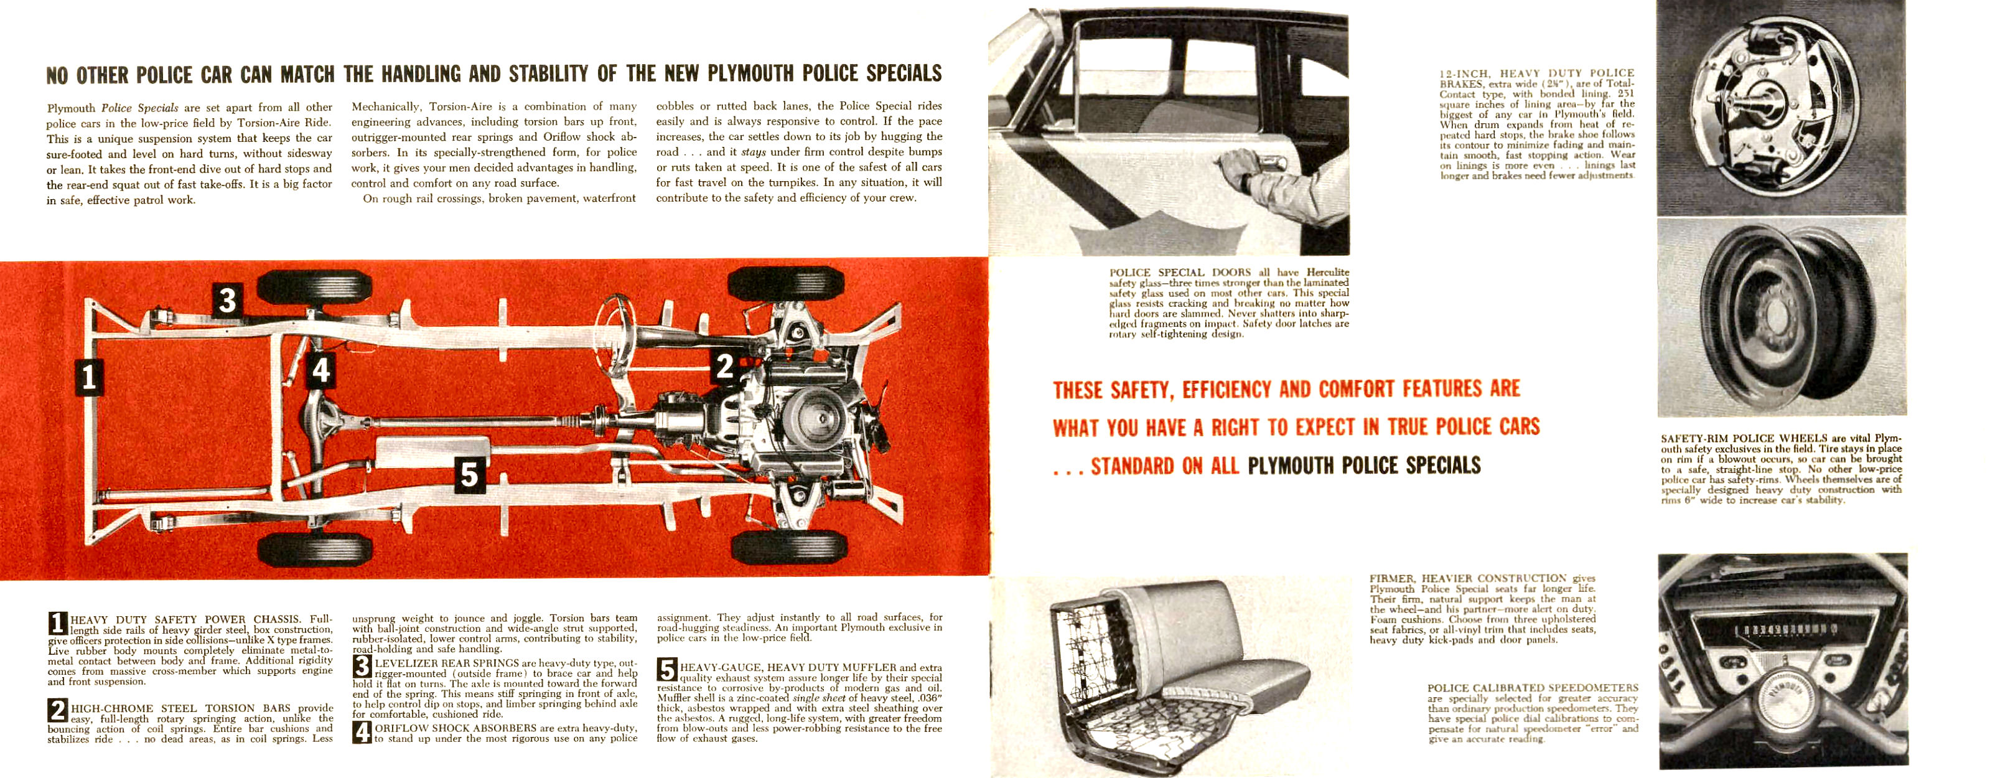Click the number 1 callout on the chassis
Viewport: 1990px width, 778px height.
tap(89, 377)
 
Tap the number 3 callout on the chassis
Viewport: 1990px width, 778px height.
tap(227, 300)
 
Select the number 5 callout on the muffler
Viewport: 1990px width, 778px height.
tap(469, 474)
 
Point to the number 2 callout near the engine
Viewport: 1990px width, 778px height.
tap(724, 365)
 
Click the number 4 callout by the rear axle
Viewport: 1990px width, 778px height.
tap(321, 371)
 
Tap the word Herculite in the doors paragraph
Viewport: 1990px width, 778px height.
tap(1327, 272)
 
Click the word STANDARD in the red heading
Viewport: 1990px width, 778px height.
tap(1132, 467)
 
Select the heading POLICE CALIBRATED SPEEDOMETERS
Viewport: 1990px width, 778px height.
tap(1532, 688)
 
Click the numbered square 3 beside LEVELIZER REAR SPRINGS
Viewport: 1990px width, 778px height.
tap(362, 666)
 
